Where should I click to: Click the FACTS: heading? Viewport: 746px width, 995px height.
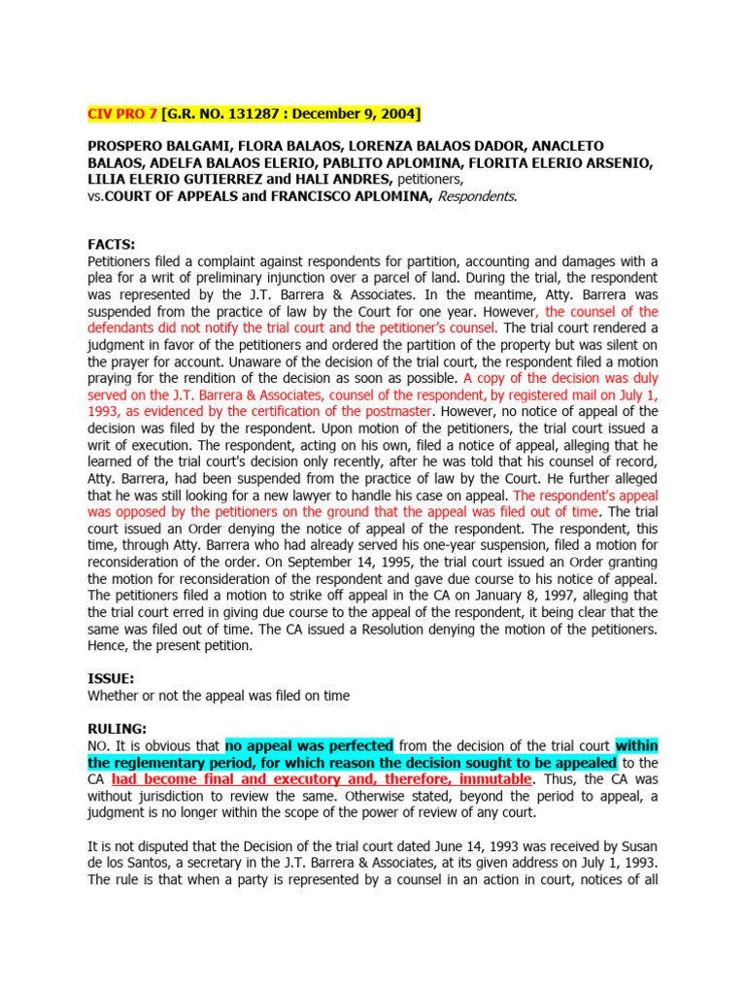(112, 246)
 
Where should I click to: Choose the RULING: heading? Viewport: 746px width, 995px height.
(118, 729)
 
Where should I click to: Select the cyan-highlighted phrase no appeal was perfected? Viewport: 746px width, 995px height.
(309, 745)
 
